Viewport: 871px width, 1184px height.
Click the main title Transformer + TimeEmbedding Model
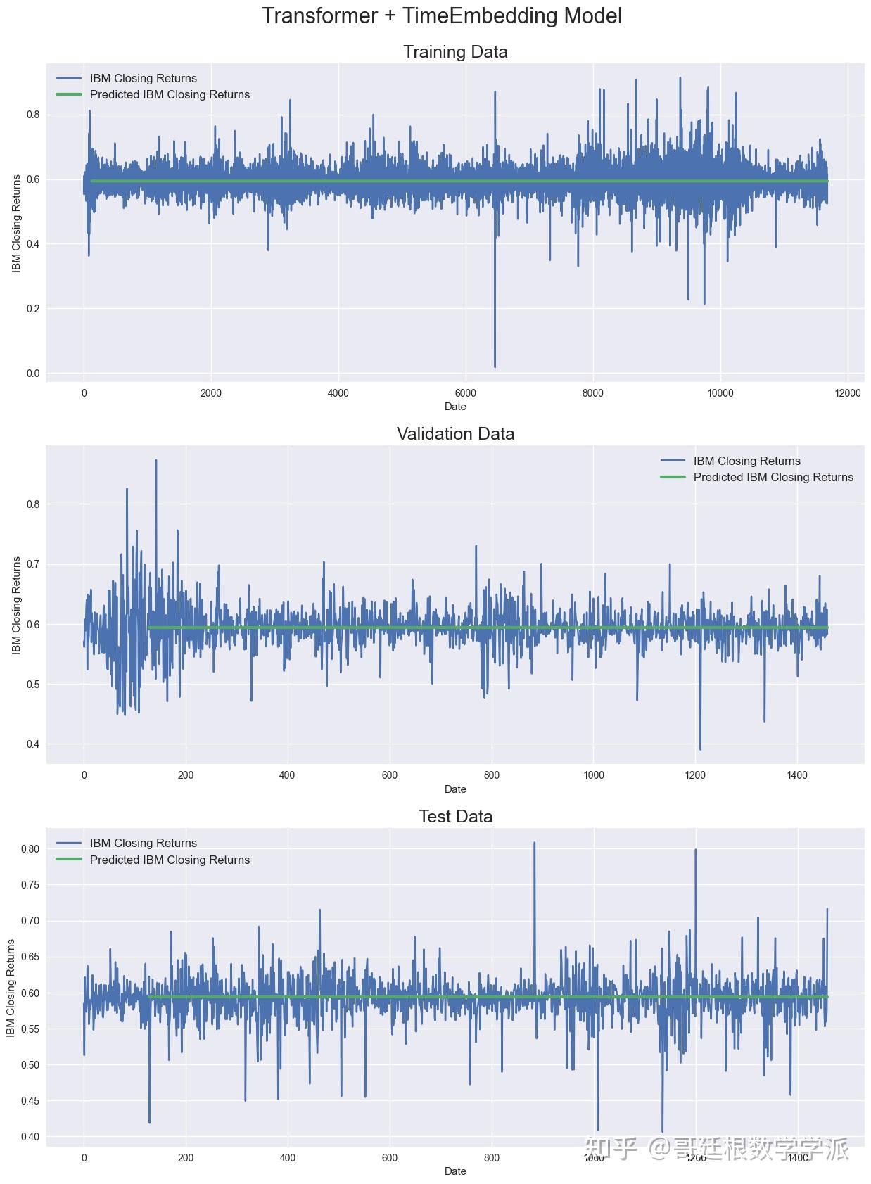(x=442, y=16)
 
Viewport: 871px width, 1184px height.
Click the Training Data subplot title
(x=455, y=52)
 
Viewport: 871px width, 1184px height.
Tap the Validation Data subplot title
(x=455, y=434)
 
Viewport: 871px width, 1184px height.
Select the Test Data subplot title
(x=455, y=816)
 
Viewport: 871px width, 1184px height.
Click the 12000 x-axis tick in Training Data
(x=848, y=393)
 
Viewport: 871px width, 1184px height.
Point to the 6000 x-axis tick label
(x=466, y=393)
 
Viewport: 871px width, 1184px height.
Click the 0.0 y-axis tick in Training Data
(x=33, y=374)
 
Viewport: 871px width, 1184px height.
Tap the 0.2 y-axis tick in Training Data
(x=33, y=309)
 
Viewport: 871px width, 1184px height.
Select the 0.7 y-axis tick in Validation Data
(x=33, y=564)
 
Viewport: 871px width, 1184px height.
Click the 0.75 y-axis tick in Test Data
(x=30, y=884)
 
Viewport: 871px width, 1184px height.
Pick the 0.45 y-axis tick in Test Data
(x=30, y=1101)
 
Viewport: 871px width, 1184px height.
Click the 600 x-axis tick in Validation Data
(x=389, y=775)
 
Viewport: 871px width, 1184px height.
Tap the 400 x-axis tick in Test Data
(x=287, y=1158)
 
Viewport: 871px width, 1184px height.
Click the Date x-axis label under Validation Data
(x=455, y=789)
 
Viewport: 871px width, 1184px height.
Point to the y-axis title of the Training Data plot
(x=16, y=223)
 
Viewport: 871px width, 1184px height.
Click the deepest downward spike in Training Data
(x=495, y=365)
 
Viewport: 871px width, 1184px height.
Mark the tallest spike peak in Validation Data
(x=155, y=461)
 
